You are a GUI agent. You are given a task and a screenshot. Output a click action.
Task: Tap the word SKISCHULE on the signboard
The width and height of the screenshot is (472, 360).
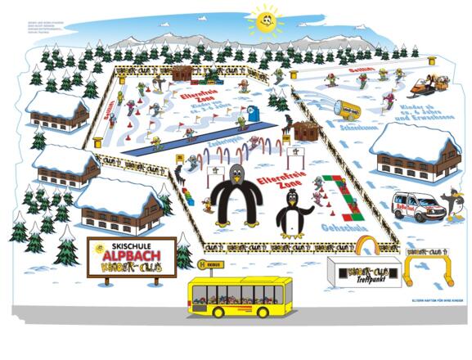(130, 244)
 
